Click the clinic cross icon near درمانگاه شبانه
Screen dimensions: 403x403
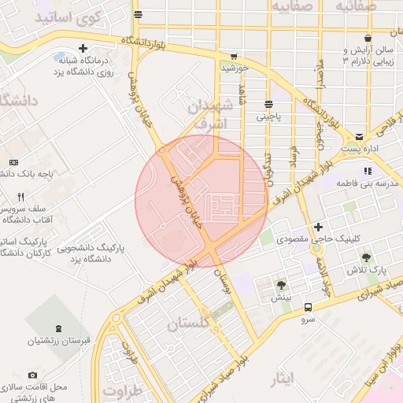tap(83, 49)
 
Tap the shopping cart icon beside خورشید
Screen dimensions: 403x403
tap(234, 57)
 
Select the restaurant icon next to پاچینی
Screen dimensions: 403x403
tap(269, 104)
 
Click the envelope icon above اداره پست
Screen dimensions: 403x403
tap(360, 136)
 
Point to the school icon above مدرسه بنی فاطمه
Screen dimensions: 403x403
tap(367, 171)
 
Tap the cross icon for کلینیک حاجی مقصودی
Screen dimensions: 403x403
tap(318, 227)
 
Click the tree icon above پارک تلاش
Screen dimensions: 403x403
tap(366, 257)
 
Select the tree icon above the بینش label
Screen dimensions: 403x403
tap(281, 285)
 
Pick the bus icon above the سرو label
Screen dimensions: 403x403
tap(308, 307)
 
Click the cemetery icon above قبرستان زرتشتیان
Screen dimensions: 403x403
tap(58, 327)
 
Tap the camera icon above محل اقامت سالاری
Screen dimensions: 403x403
tap(32, 375)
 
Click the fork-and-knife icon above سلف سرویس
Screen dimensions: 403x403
tap(21, 197)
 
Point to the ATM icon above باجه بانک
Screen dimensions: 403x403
tap(13, 161)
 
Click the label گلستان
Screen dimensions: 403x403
tap(190, 324)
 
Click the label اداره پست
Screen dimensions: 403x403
tap(360, 148)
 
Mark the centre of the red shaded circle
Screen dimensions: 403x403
tap(201, 200)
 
